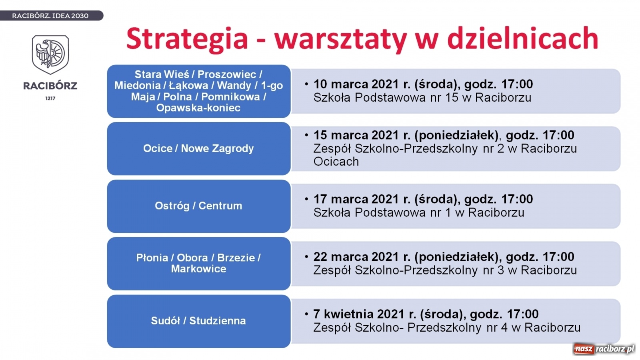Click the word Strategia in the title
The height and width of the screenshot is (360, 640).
point(187,39)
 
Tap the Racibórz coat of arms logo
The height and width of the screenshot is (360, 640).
point(50,54)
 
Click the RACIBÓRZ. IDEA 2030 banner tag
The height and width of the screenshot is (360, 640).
point(50,16)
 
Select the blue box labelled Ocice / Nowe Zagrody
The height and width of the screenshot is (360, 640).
point(198,148)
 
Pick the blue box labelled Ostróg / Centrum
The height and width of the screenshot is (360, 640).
point(198,206)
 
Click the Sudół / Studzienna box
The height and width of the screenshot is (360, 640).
point(198,321)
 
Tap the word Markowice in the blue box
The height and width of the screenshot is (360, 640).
point(198,269)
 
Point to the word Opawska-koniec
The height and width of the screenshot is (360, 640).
point(198,108)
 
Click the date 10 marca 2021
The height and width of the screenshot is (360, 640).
point(356,84)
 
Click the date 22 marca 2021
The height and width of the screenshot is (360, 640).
point(356,257)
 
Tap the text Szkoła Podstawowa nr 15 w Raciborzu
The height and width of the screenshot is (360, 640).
point(422,98)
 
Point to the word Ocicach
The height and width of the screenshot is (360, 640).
point(336,162)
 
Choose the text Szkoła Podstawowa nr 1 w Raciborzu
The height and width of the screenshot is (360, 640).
point(418,212)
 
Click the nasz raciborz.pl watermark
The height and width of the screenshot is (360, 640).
point(604,349)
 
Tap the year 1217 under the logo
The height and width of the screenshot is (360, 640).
point(50,98)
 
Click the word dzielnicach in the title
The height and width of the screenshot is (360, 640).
point(522,39)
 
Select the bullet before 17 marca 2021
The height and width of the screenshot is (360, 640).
point(306,199)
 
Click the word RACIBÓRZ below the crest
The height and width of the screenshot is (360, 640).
point(50,86)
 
